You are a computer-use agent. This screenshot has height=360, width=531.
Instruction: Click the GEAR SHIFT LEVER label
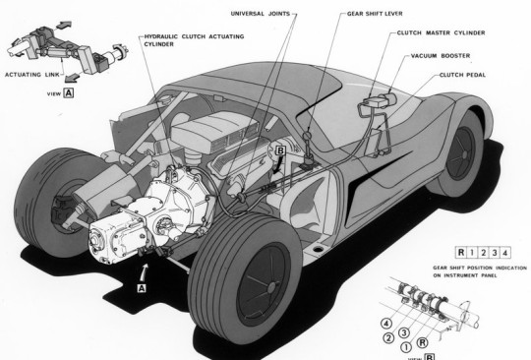pos(375,14)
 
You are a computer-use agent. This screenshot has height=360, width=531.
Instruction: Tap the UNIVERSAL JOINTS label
pos(261,14)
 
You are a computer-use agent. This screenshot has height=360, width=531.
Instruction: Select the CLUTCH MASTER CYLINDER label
pos(441,32)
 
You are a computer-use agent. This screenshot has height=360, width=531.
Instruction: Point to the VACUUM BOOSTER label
pos(441,55)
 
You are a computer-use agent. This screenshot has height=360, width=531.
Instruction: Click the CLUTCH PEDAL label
pos(462,75)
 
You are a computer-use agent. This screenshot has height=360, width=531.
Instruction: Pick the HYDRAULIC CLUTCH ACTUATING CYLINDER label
pos(194,40)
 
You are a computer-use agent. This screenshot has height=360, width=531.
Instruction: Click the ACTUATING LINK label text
pos(32,75)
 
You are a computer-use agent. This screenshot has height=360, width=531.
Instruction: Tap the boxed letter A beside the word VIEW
pos(69,92)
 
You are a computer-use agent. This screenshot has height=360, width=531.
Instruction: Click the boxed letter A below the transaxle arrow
pos(142,288)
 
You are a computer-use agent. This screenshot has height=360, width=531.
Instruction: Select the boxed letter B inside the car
pos(281,150)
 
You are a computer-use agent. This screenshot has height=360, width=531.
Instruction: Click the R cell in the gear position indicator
pos(461,253)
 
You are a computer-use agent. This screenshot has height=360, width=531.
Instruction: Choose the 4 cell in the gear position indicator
pos(504,253)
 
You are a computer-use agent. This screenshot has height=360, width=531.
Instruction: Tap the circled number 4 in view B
pos(386,324)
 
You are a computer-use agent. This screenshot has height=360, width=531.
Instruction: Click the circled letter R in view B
pos(422,342)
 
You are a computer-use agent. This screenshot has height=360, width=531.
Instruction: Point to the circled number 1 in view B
pos(406,347)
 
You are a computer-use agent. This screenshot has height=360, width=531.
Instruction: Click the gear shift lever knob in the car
pos(307,136)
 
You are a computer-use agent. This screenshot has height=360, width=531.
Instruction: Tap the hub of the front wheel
pos(464,154)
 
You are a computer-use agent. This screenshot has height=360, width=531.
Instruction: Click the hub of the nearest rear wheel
pos(271,288)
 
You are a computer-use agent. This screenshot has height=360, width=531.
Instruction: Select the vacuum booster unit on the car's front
pos(389,100)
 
